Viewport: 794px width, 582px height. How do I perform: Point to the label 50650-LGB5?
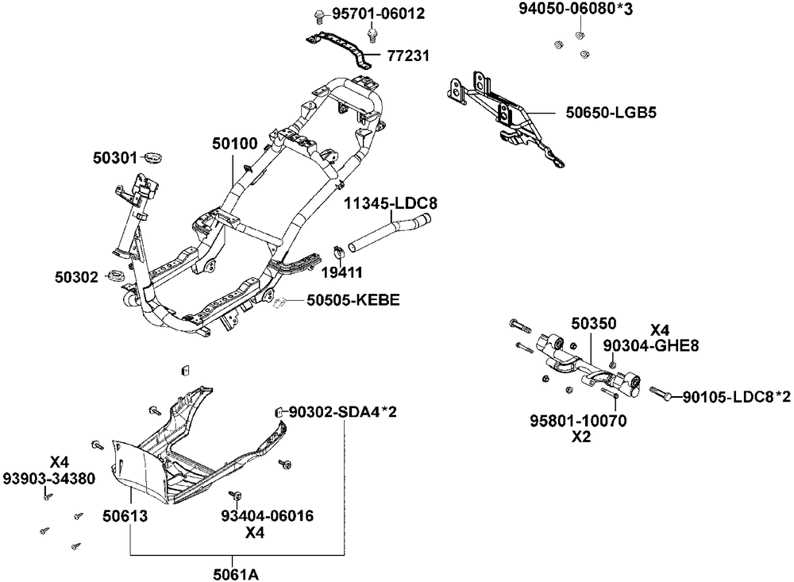(x=611, y=113)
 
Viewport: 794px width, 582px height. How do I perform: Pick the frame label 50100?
(x=234, y=144)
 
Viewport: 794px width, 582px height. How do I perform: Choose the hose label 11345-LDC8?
(x=391, y=204)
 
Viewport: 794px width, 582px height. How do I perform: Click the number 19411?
(x=342, y=272)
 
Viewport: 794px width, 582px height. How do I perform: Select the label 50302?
(x=77, y=277)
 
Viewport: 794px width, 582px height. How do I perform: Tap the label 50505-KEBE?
(x=353, y=300)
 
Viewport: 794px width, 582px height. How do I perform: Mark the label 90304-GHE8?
(x=651, y=345)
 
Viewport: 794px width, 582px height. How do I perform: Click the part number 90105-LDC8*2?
(x=736, y=396)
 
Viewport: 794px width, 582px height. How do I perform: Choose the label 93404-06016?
(x=268, y=516)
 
